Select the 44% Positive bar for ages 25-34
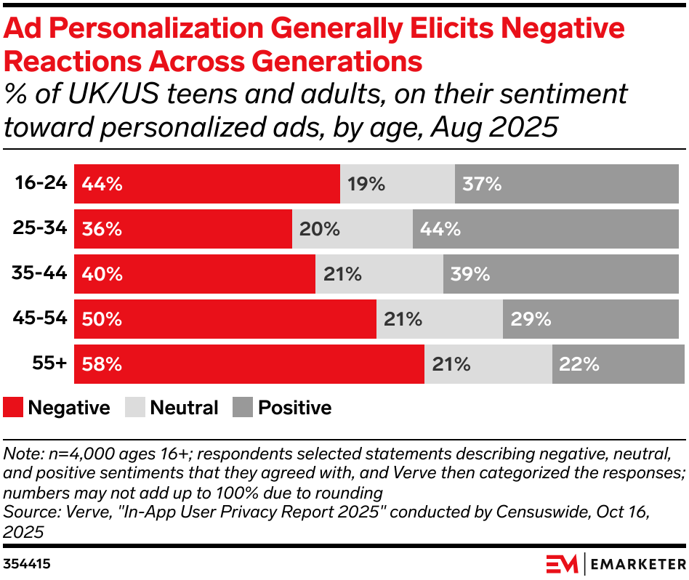coord(549,229)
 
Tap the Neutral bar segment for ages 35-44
coord(379,274)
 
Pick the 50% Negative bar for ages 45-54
coord(225,319)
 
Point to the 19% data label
coord(366,184)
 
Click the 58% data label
coord(102,364)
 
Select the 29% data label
coord(531,319)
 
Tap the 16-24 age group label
coord(41,183)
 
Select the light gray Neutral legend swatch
coord(135,408)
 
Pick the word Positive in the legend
coord(294,408)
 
